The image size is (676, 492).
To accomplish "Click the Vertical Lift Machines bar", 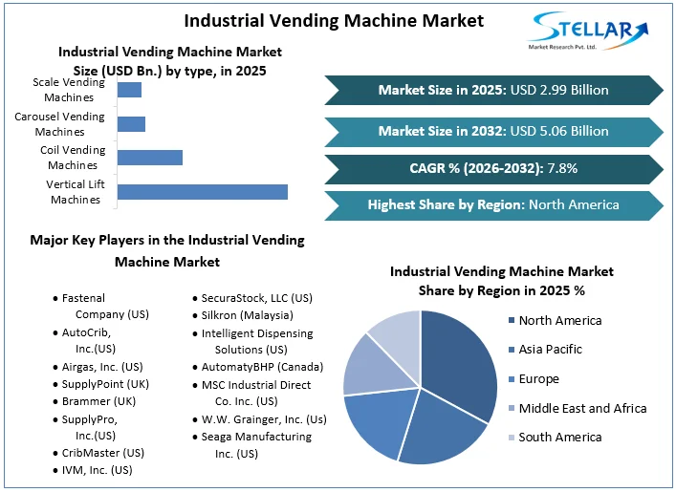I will [x=202, y=191].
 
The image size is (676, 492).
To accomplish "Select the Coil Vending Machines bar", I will [x=149, y=158].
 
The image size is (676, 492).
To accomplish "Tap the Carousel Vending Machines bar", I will [x=131, y=124].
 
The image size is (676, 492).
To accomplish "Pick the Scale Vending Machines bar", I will [x=129, y=90].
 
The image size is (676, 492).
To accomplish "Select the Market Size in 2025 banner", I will [x=493, y=90].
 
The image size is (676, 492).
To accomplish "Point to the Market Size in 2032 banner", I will [x=493, y=131].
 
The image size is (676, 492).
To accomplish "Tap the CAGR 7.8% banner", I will [x=493, y=168].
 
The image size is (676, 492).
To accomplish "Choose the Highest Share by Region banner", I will [x=493, y=204].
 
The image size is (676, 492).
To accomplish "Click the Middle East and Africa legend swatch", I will [x=511, y=409].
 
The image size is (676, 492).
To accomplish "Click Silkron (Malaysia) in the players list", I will [x=247, y=315].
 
